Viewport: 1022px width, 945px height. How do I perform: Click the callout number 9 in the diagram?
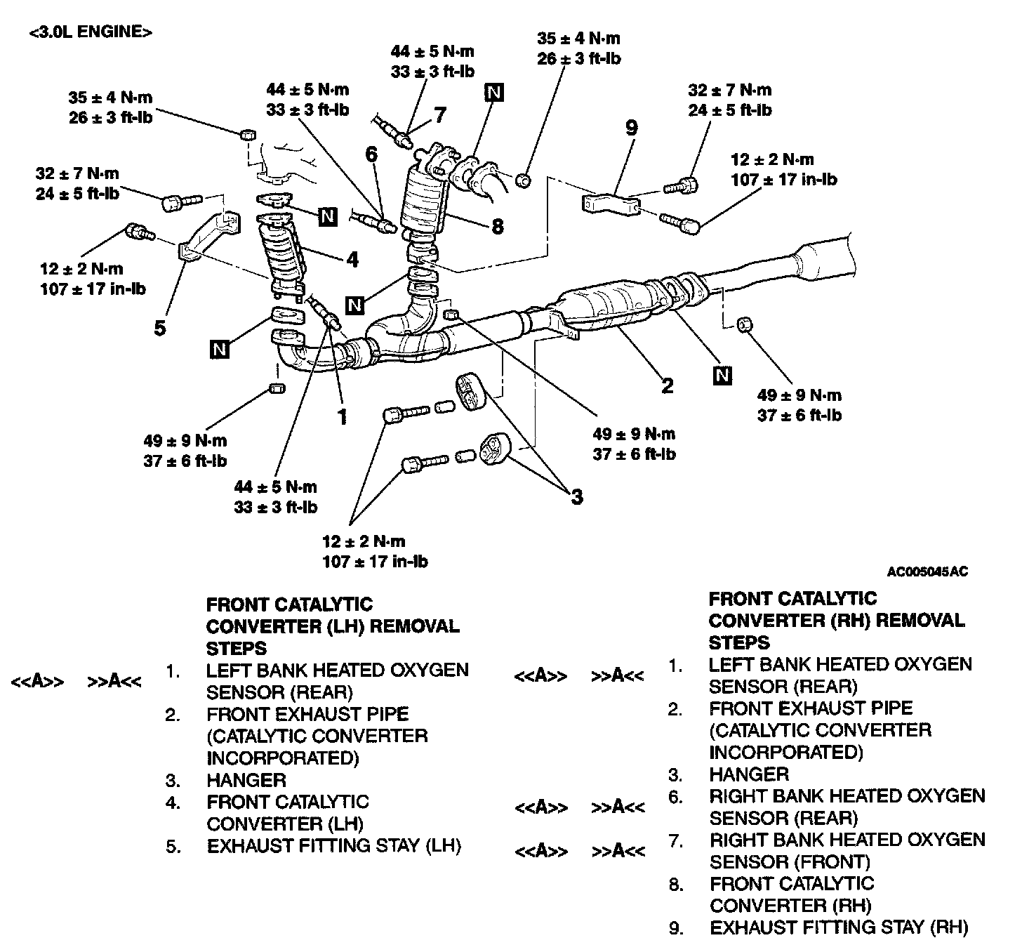tap(631, 128)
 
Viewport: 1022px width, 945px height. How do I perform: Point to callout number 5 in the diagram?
tap(160, 328)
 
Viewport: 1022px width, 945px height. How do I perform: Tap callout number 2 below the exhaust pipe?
tap(668, 385)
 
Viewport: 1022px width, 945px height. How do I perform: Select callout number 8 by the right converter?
tap(497, 226)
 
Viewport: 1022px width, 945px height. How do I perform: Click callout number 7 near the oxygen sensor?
tap(439, 114)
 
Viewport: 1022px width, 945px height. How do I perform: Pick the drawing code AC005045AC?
tap(927, 571)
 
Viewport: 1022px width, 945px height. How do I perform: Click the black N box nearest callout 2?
tap(722, 376)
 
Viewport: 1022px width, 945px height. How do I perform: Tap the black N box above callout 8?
tap(494, 93)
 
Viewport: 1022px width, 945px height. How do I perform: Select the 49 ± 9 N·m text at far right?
tap(799, 395)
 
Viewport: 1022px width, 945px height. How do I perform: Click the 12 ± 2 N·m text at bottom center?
tap(364, 541)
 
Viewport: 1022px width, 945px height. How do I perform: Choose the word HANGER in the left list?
tap(246, 780)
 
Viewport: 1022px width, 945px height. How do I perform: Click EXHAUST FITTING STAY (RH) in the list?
tap(839, 927)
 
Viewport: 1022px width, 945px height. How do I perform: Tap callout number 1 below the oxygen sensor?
tap(343, 418)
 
